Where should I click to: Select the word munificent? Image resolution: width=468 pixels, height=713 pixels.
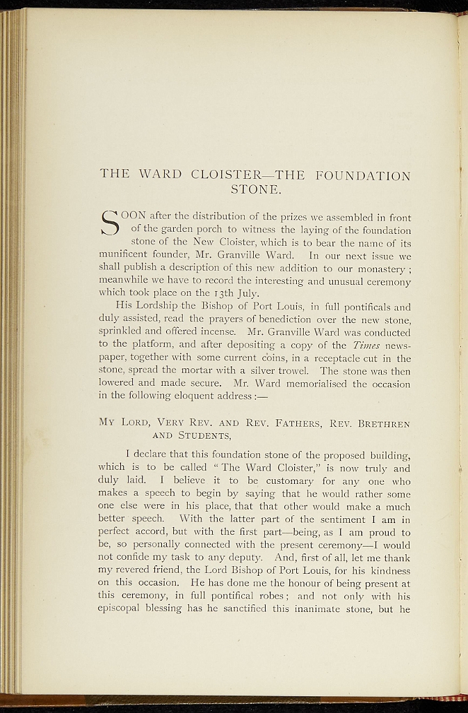pyautogui.click(x=127, y=256)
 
